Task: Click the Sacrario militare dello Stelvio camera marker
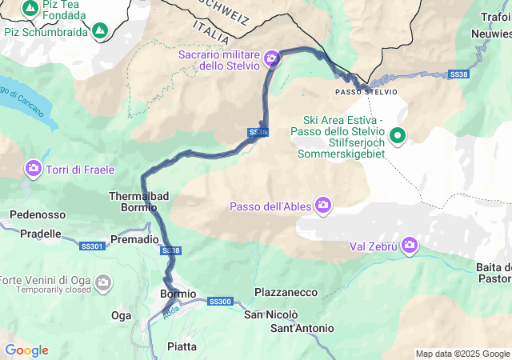tap(272, 58)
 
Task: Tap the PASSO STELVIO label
tap(366, 92)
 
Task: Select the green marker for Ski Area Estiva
tap(397, 135)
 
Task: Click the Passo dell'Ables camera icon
tap(324, 206)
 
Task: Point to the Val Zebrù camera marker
tap(410, 244)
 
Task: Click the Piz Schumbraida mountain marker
tap(100, 31)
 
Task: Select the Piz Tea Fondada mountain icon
tap(30, 8)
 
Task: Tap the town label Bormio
tap(178, 294)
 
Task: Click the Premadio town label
tap(134, 239)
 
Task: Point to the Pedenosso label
tap(38, 214)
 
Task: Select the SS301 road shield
tap(92, 246)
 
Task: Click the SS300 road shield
tap(219, 302)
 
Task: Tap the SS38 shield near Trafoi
tap(458, 74)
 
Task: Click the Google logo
tap(26, 350)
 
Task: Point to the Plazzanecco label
tap(286, 293)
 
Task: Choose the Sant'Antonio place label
tap(302, 328)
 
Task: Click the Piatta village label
tap(182, 346)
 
